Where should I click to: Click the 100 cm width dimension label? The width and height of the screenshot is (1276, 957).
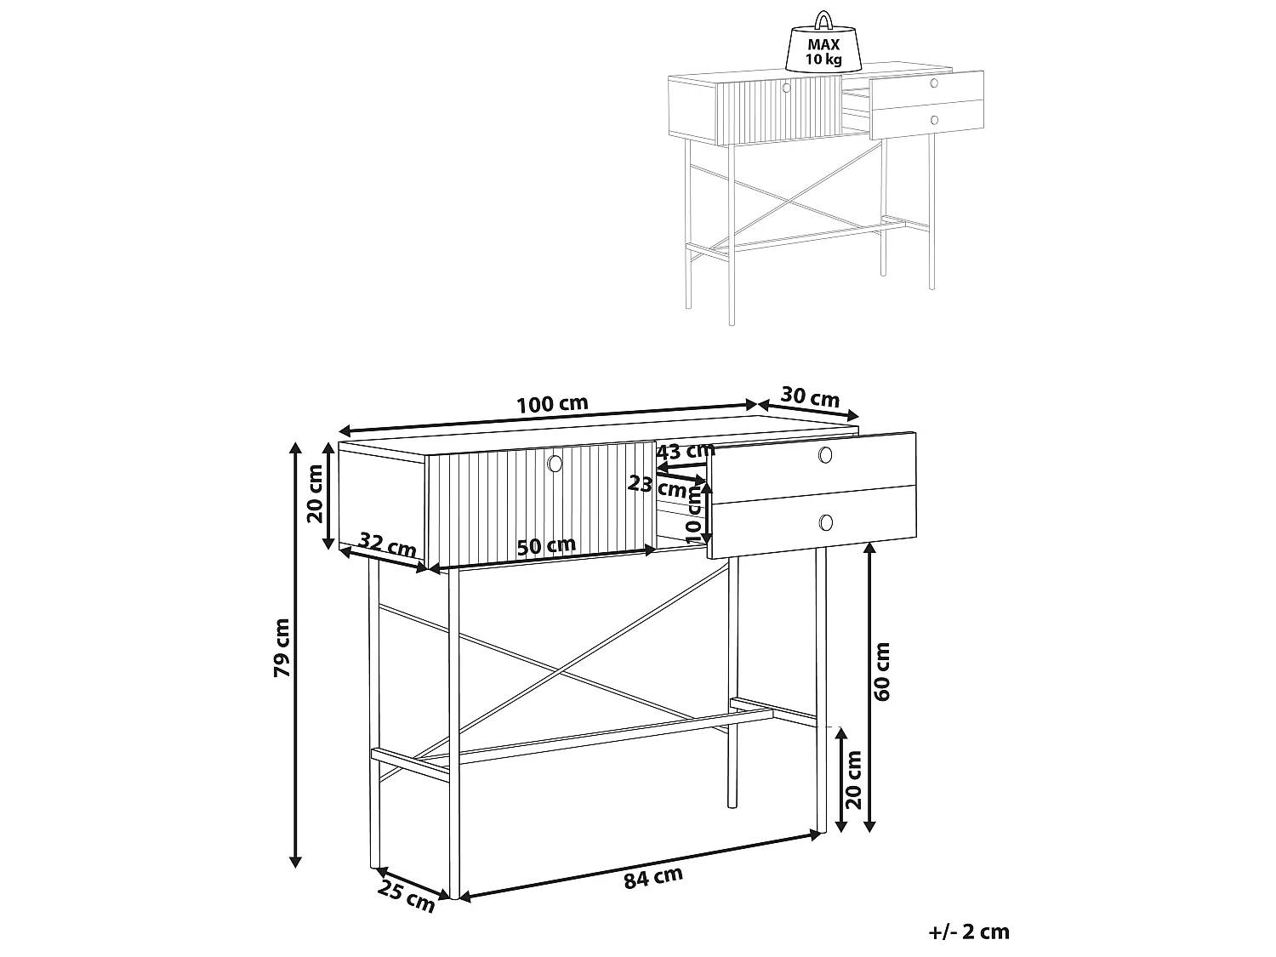tap(552, 404)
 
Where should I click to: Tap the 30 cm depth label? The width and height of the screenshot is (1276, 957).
tap(810, 397)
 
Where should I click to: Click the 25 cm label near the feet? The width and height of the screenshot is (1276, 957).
tap(407, 898)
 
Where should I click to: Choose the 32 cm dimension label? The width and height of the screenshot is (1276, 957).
tap(387, 545)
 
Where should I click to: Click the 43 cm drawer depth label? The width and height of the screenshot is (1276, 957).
tap(686, 451)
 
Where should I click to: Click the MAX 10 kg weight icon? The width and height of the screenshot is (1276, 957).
tap(823, 47)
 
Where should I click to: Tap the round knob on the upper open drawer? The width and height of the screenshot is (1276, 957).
tap(824, 457)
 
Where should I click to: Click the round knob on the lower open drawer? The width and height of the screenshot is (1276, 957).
tap(825, 521)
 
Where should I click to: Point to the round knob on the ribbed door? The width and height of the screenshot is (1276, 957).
tap(555, 463)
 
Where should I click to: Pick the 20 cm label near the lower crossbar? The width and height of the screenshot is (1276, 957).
tap(853, 779)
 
